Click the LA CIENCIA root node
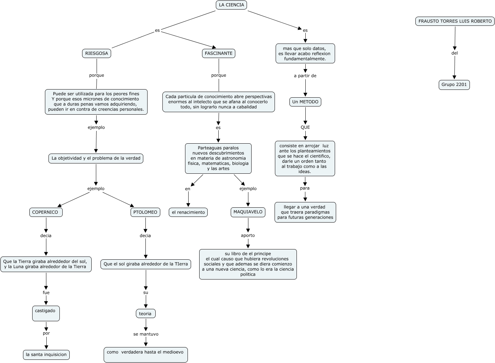[x=231, y=5]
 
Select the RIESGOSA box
[x=97, y=53]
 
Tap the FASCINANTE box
[x=219, y=53]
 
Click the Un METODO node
[x=305, y=102]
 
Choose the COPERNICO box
[x=46, y=212]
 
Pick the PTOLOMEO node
[x=145, y=212]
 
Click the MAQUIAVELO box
[x=248, y=212]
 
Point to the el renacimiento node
[x=188, y=212]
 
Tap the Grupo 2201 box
[x=454, y=85]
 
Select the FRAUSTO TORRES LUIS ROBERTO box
[x=455, y=21]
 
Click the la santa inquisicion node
[x=46, y=355]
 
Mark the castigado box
[x=46, y=313]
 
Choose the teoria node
[x=145, y=313]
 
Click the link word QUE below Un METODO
[x=305, y=127]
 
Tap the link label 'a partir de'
[x=305, y=76]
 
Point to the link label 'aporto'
[x=248, y=236]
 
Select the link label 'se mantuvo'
[x=146, y=334]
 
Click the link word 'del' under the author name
[x=455, y=53]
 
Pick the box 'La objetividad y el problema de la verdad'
[x=96, y=159]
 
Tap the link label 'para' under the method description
[x=305, y=188]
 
